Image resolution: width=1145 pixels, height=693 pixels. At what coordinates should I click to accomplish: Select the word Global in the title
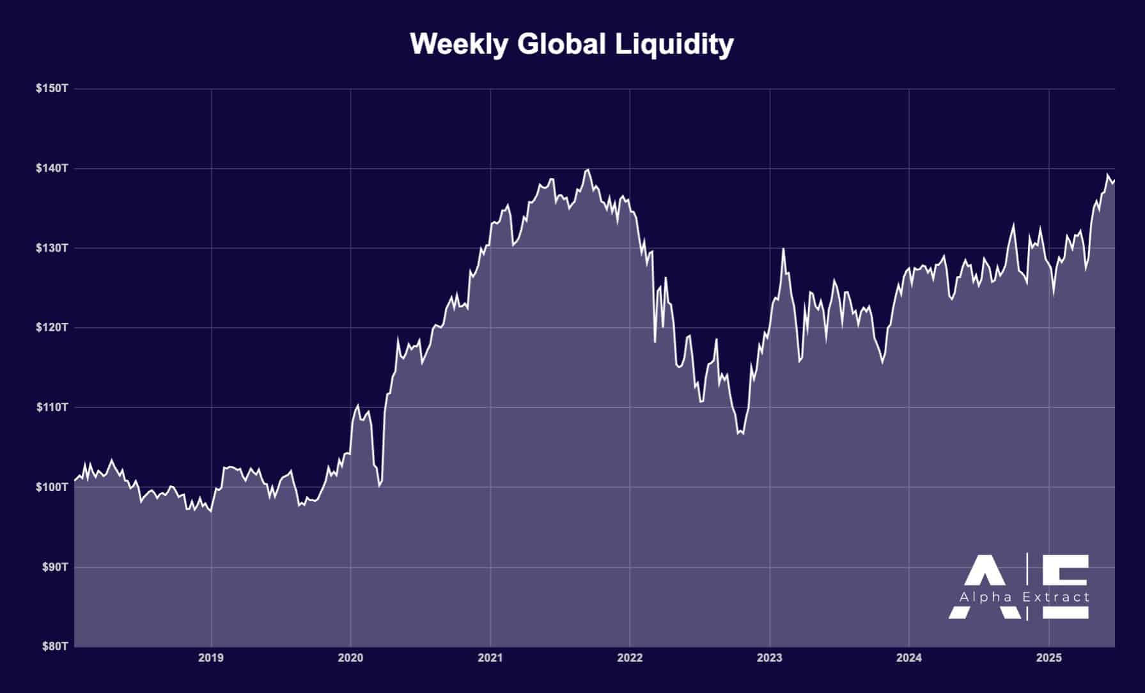[x=561, y=44]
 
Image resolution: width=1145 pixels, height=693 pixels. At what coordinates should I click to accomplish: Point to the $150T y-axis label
[x=52, y=88]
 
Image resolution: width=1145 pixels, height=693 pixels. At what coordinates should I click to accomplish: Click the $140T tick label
[x=52, y=168]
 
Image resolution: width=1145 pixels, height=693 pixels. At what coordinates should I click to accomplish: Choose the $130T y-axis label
[x=52, y=248]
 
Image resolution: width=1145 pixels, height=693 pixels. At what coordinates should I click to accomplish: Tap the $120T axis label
[x=52, y=327]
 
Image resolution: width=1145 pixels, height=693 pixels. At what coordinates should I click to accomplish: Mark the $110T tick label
[x=52, y=407]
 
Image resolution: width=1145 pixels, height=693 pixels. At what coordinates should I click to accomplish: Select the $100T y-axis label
[x=52, y=487]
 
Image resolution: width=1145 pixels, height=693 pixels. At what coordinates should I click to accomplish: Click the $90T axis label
[x=54, y=567]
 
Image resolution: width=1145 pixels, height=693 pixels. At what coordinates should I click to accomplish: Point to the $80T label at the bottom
[x=55, y=646]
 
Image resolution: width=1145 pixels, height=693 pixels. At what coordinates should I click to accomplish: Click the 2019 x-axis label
[x=211, y=658]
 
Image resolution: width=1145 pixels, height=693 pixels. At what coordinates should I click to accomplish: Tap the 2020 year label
[x=350, y=658]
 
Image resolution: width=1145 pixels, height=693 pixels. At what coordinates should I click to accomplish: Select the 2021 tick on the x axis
[x=490, y=658]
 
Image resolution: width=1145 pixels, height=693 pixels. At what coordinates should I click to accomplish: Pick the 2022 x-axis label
[x=630, y=658]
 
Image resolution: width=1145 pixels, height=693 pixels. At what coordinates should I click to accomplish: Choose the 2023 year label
[x=769, y=658]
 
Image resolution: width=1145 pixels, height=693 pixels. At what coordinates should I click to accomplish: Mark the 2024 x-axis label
[x=908, y=658]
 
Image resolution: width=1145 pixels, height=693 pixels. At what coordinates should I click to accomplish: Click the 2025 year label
[x=1048, y=658]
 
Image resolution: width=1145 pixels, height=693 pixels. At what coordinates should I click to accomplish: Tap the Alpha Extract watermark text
[x=1024, y=597]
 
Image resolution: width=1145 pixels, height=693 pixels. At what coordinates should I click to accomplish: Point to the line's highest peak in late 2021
[x=588, y=169]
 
